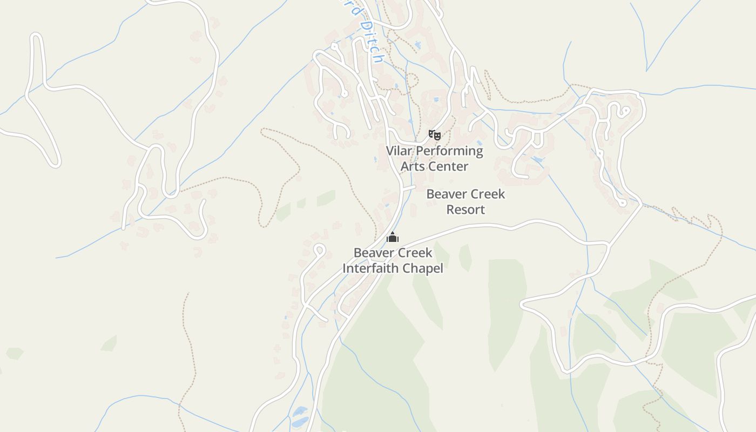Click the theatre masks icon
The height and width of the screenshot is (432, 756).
tap(435, 134)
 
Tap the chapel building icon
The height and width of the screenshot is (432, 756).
tap(393, 237)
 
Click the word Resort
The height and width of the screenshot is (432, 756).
tap(465, 210)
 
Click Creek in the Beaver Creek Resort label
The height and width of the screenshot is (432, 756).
tap(487, 194)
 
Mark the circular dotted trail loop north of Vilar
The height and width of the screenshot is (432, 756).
tap(413, 81)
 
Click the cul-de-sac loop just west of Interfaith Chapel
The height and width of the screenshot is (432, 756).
tap(319, 250)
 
